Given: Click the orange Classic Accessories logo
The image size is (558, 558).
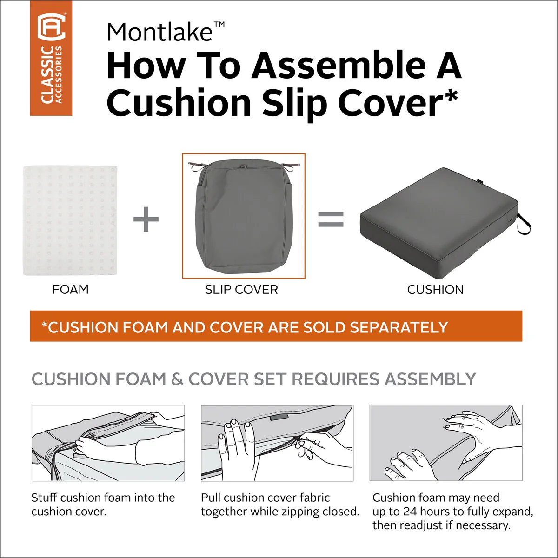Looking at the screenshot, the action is coord(51,58).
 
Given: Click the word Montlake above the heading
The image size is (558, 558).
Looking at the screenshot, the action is coord(160,32).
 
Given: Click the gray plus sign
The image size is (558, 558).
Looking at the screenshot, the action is coord(146,219).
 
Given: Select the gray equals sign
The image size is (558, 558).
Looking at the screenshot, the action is coord(331,219).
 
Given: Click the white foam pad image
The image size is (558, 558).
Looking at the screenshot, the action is coord(70,220).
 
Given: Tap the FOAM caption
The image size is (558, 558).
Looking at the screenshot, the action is coord(70,290).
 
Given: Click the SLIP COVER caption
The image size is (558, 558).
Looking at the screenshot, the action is coord(241,290).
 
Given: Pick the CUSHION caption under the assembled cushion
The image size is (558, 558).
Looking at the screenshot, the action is coord(435,290).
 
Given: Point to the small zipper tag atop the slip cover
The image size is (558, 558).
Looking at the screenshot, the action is coord(243,166).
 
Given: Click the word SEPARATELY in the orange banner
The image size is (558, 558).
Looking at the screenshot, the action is coord(399,327).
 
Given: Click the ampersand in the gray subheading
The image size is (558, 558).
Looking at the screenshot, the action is coord(177,379).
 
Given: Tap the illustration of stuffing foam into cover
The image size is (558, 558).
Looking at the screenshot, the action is coord(108,443).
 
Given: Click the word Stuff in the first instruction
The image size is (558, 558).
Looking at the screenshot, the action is coord(44,498).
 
